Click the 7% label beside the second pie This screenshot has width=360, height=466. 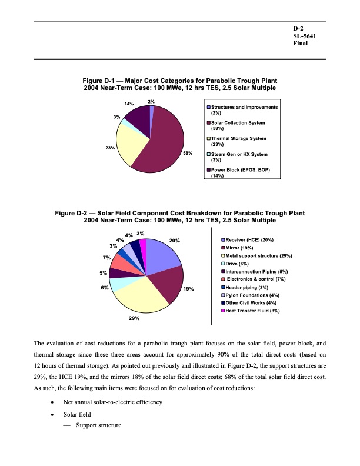(106, 258)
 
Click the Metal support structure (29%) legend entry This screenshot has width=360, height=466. (256, 256)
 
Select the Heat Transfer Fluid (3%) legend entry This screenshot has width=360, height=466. (250, 311)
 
